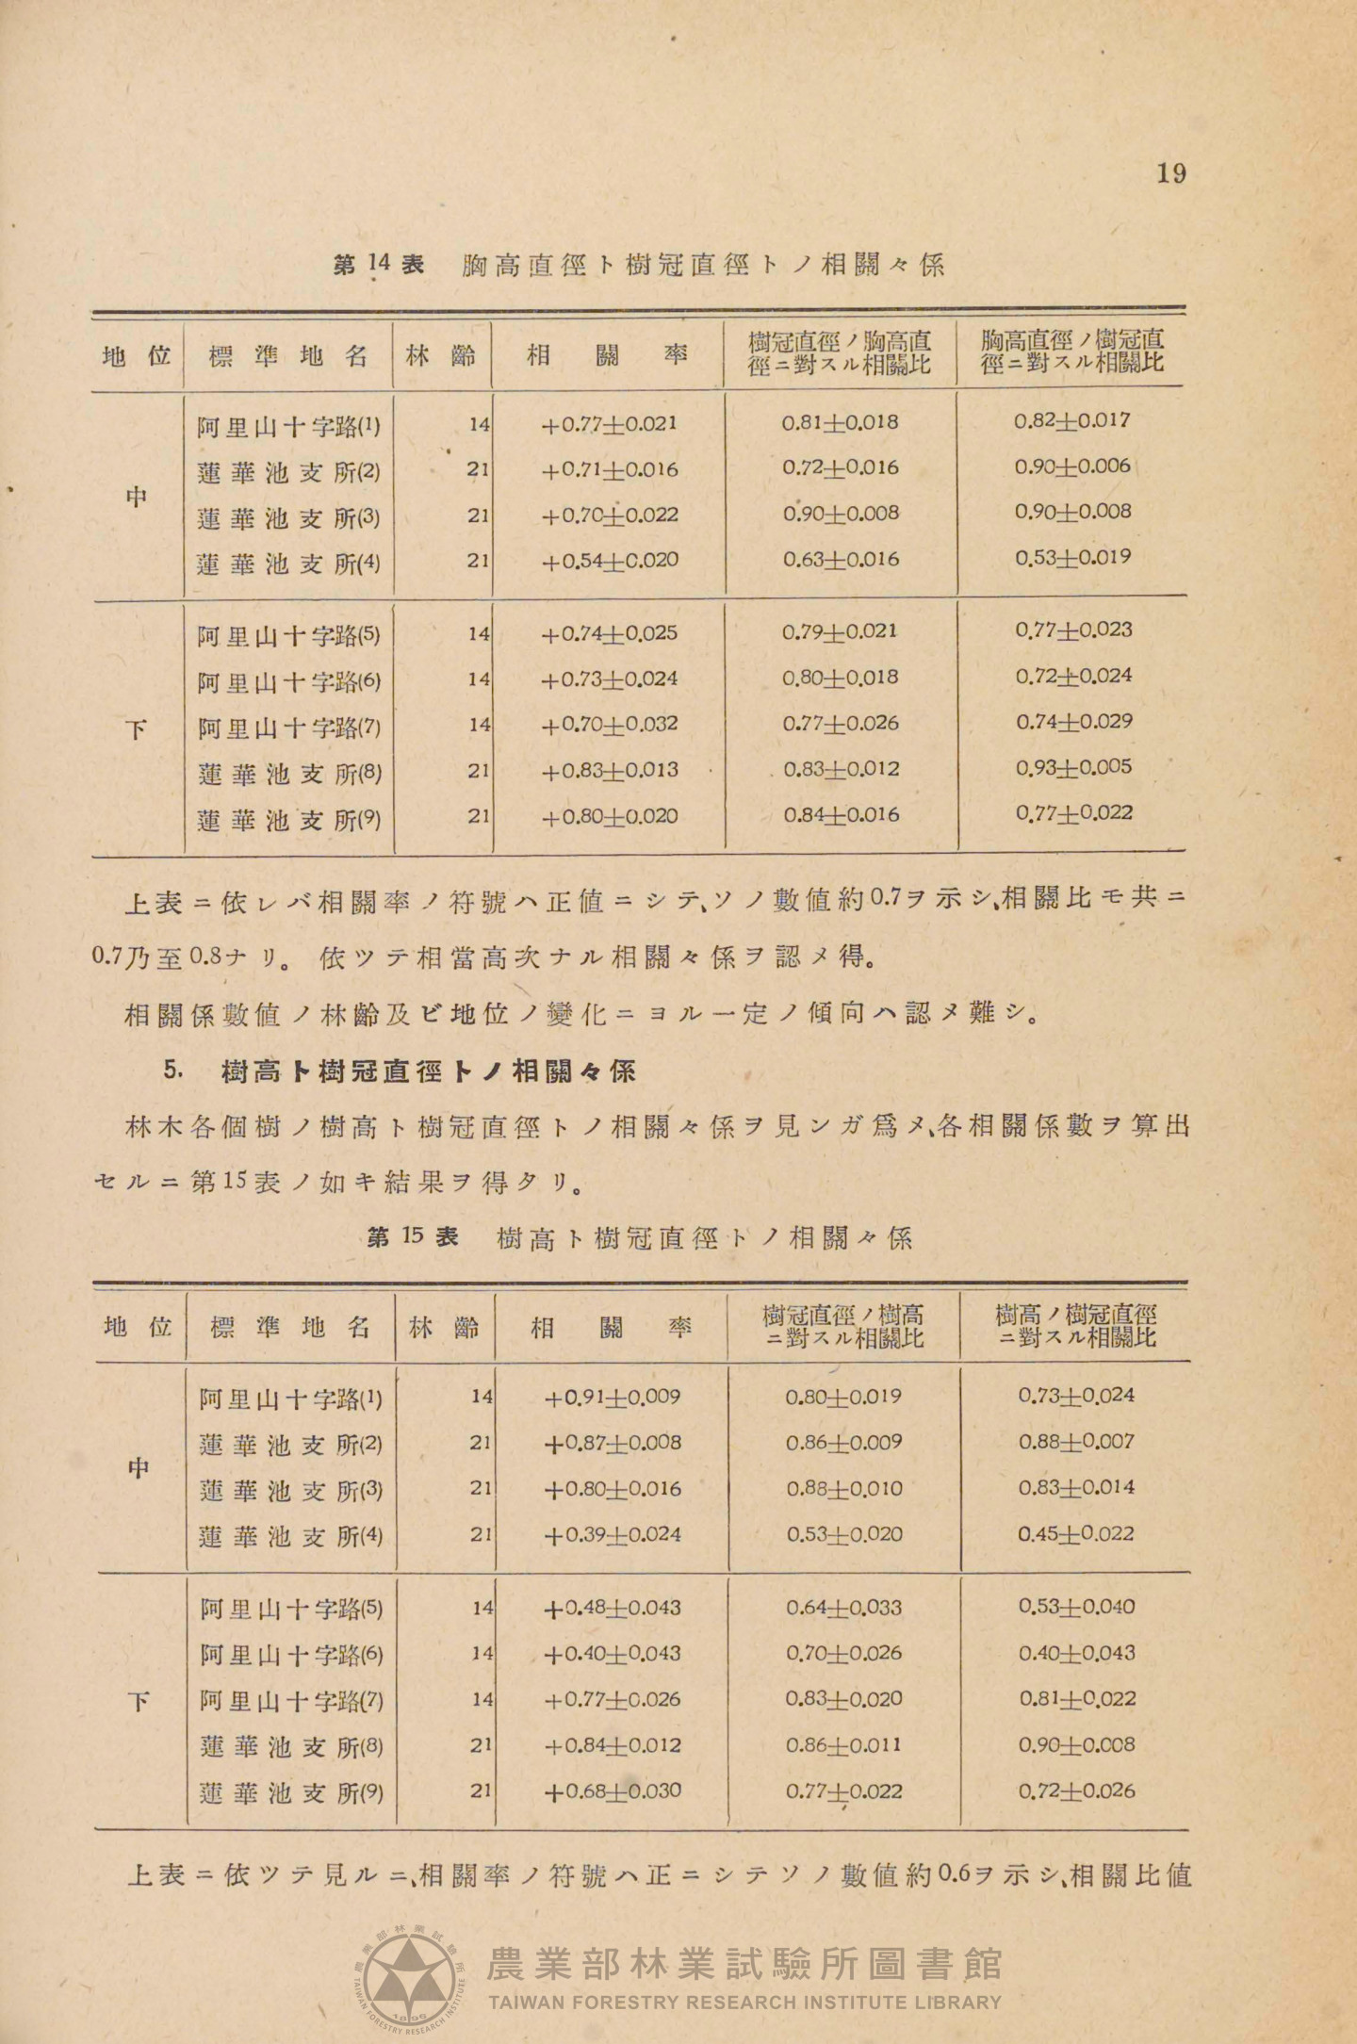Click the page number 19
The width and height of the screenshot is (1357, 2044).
pyautogui.click(x=1170, y=173)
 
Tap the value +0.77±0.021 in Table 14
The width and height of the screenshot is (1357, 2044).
pyautogui.click(x=610, y=424)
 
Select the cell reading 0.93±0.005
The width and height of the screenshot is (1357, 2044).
pyautogui.click(x=1073, y=768)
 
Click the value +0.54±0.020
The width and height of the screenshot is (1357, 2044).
pyautogui.click(x=610, y=561)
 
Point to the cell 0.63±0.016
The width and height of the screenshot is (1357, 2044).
pyautogui.click(x=841, y=560)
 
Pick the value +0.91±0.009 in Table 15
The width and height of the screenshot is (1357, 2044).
pyautogui.click(x=613, y=1397)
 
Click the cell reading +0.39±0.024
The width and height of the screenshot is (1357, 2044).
pyautogui.click(x=613, y=1534)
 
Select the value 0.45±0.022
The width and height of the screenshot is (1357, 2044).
pyautogui.click(x=1076, y=1534)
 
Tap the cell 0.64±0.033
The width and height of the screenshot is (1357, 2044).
pyautogui.click(x=843, y=1608)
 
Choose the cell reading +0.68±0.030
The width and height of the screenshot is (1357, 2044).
pyautogui.click(x=613, y=1791)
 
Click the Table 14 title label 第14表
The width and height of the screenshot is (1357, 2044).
pyautogui.click(x=379, y=266)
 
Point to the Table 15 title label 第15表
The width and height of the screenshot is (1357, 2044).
pyautogui.click(x=412, y=1237)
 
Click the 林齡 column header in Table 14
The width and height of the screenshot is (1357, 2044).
pyautogui.click(x=441, y=356)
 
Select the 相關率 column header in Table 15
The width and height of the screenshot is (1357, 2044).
pyautogui.click(x=611, y=1328)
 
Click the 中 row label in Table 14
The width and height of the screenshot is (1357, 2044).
pyautogui.click(x=137, y=497)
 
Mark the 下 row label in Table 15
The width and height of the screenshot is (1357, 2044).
pyautogui.click(x=139, y=1701)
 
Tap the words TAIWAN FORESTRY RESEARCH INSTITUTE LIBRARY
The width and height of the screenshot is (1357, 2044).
pyautogui.click(x=744, y=2002)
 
